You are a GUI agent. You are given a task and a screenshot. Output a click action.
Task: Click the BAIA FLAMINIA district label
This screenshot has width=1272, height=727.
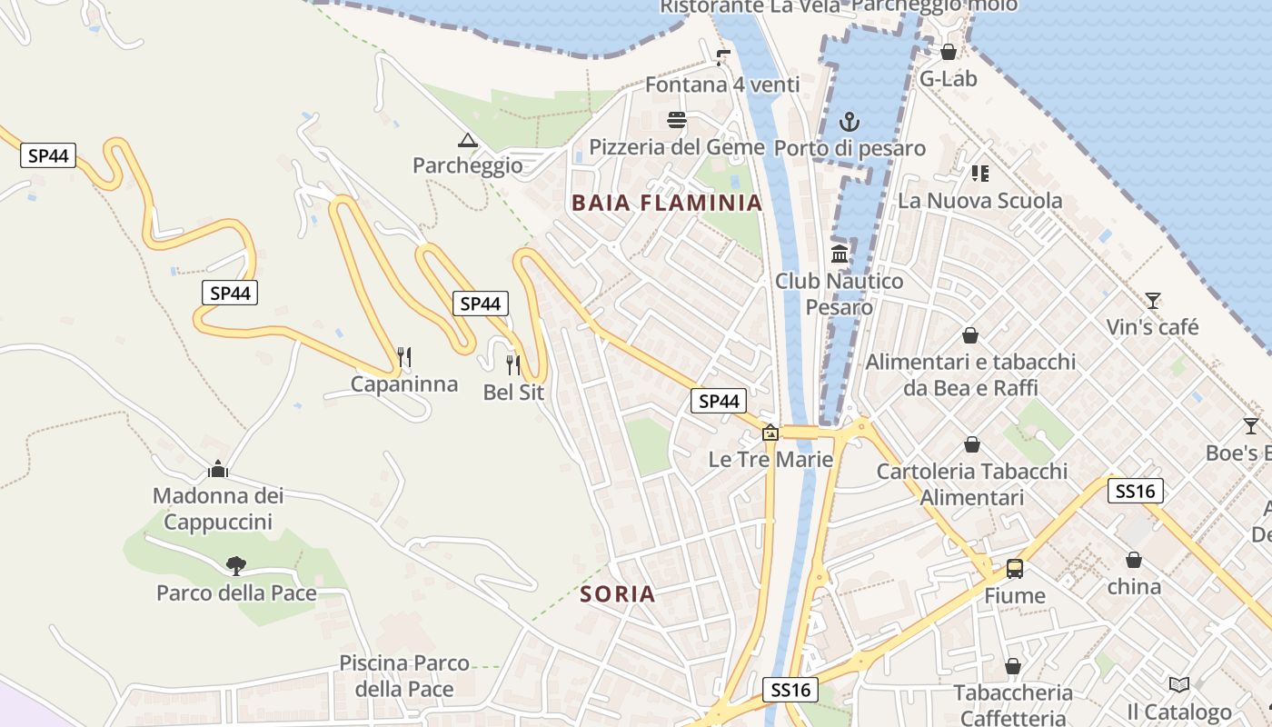(x=667, y=203)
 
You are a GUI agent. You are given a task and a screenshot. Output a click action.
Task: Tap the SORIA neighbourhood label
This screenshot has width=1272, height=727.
(x=618, y=594)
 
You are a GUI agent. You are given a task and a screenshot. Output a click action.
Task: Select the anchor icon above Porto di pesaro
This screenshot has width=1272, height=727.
(x=850, y=121)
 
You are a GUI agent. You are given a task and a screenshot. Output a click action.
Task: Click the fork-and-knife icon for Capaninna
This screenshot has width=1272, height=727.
(x=404, y=357)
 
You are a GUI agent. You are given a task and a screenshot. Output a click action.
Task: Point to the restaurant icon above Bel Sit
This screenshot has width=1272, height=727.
(x=513, y=365)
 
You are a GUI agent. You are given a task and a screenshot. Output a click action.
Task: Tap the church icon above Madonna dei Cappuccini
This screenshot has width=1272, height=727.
(x=218, y=469)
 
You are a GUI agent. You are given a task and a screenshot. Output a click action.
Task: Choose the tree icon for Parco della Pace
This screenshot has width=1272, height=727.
(x=236, y=565)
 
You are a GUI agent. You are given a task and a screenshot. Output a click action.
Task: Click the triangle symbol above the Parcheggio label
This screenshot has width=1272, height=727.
(x=468, y=140)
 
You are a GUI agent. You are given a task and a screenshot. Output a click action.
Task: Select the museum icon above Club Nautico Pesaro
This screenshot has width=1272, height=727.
(x=840, y=254)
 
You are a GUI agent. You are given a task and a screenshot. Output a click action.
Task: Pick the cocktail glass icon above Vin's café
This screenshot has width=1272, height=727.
(x=1153, y=300)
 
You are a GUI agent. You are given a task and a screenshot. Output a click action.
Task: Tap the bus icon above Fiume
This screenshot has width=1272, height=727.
(x=1015, y=570)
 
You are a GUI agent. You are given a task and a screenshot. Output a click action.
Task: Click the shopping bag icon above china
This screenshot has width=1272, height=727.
(x=1134, y=560)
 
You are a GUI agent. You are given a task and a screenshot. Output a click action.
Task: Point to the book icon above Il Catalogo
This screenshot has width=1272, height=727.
(x=1179, y=684)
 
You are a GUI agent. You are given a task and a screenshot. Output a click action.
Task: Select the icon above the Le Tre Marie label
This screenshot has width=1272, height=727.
(x=770, y=433)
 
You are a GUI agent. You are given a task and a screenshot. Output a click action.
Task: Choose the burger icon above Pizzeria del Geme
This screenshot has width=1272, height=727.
(x=677, y=120)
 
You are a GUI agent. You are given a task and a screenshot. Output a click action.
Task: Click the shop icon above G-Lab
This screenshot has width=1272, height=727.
(x=949, y=52)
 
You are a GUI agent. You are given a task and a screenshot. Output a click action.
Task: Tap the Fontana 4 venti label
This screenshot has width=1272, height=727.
(x=722, y=85)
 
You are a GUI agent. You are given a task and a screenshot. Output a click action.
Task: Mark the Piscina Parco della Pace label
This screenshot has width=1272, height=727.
(x=404, y=676)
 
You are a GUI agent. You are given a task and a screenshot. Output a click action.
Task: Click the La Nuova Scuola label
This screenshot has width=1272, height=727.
(x=979, y=200)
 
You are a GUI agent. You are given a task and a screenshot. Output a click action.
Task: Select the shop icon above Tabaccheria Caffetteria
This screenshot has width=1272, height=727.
(x=1013, y=667)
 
